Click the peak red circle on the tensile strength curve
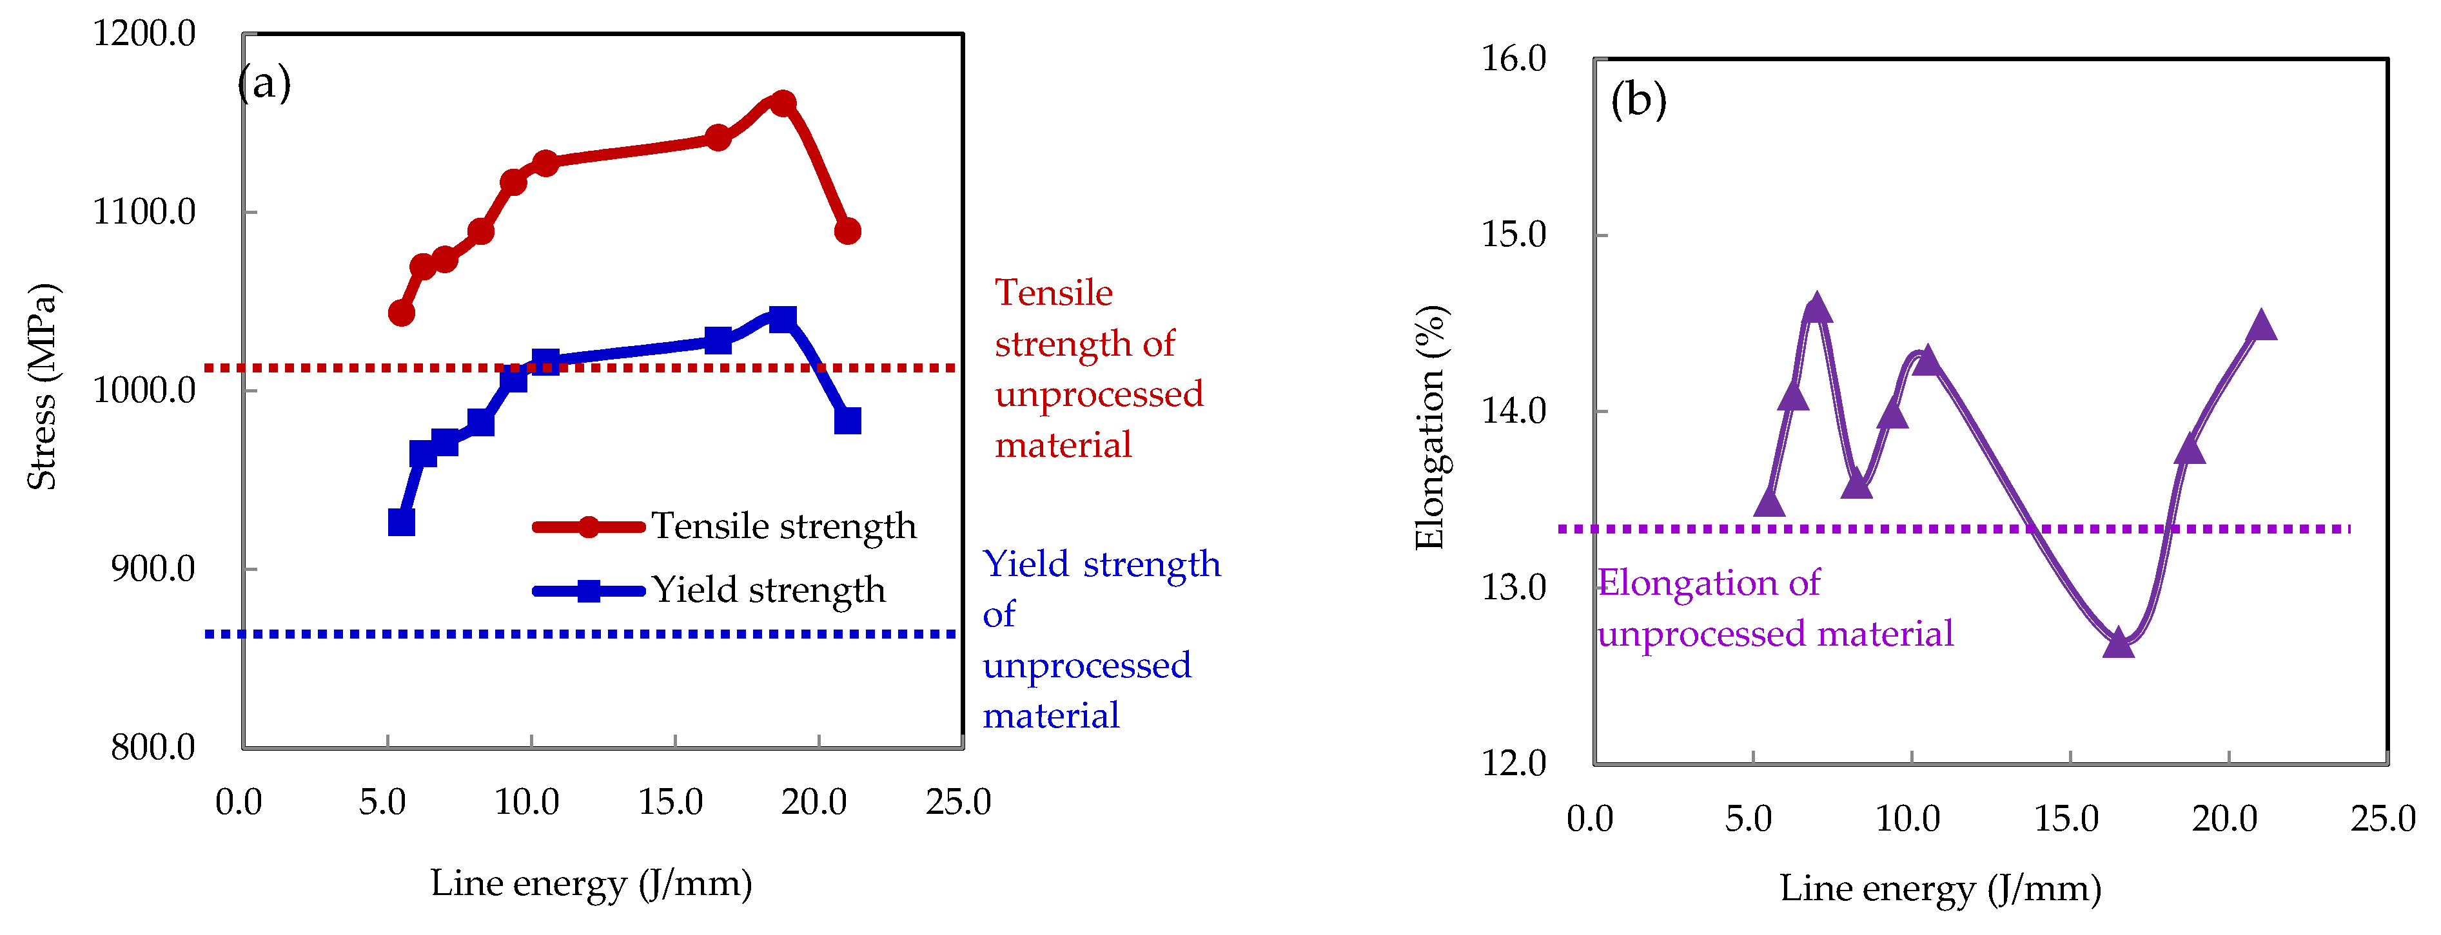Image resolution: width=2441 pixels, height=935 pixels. pyautogui.click(x=783, y=103)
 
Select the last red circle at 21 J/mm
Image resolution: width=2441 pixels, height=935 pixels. pyautogui.click(x=847, y=231)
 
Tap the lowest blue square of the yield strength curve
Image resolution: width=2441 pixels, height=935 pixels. pyautogui.click(x=401, y=522)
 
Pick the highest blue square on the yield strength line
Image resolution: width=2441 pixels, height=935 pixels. pyautogui.click(x=783, y=319)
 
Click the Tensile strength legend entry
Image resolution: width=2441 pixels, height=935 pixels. pyautogui.click(x=783, y=526)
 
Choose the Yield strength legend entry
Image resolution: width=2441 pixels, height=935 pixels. pyautogui.click(x=767, y=590)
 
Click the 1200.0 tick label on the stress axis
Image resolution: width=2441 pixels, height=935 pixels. pyautogui.click(x=144, y=34)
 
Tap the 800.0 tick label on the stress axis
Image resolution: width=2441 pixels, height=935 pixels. pyautogui.click(x=153, y=747)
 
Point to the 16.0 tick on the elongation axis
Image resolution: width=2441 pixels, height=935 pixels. pyautogui.click(x=1513, y=59)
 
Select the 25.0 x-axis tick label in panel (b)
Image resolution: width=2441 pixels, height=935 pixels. pyautogui.click(x=2382, y=818)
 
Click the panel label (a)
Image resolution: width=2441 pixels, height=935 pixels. pyautogui.click(x=264, y=83)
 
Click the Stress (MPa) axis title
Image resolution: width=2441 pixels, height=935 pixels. pyautogui.click(x=42, y=387)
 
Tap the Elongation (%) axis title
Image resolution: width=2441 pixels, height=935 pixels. pyautogui.click(x=1429, y=427)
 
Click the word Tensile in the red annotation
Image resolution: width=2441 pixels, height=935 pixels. pyautogui.click(x=1053, y=293)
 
